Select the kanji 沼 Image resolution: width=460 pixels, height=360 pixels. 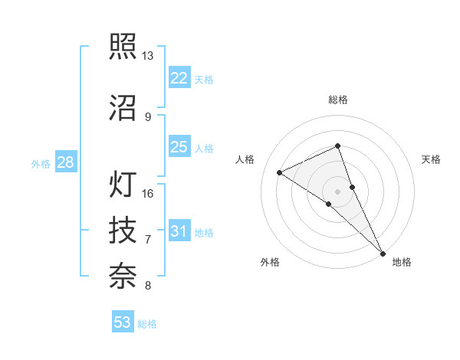click(x=123, y=107)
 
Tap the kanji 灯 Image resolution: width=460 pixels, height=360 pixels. click(x=123, y=185)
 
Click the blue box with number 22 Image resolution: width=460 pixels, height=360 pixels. click(x=179, y=78)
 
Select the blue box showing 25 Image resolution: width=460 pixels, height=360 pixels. click(x=179, y=147)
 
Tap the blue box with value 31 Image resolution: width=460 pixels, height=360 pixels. click(x=179, y=231)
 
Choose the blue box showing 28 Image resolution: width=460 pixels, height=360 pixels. click(x=65, y=162)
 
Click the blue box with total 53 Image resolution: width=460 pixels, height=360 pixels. click(x=123, y=322)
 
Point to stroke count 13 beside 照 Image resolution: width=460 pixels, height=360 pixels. click(x=148, y=56)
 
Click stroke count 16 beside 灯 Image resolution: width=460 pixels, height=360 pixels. click(x=148, y=193)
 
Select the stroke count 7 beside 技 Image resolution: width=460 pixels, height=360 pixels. click(x=148, y=240)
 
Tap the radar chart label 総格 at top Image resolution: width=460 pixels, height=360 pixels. click(x=338, y=100)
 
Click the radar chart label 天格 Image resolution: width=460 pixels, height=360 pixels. click(x=431, y=159)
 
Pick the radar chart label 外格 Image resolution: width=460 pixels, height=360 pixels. click(x=270, y=263)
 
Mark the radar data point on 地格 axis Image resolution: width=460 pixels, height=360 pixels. click(x=382, y=252)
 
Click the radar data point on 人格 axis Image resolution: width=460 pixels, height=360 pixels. click(x=280, y=172)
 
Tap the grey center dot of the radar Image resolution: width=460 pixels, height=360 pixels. click(x=338, y=191)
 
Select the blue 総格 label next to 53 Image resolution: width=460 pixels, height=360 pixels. click(x=147, y=324)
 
